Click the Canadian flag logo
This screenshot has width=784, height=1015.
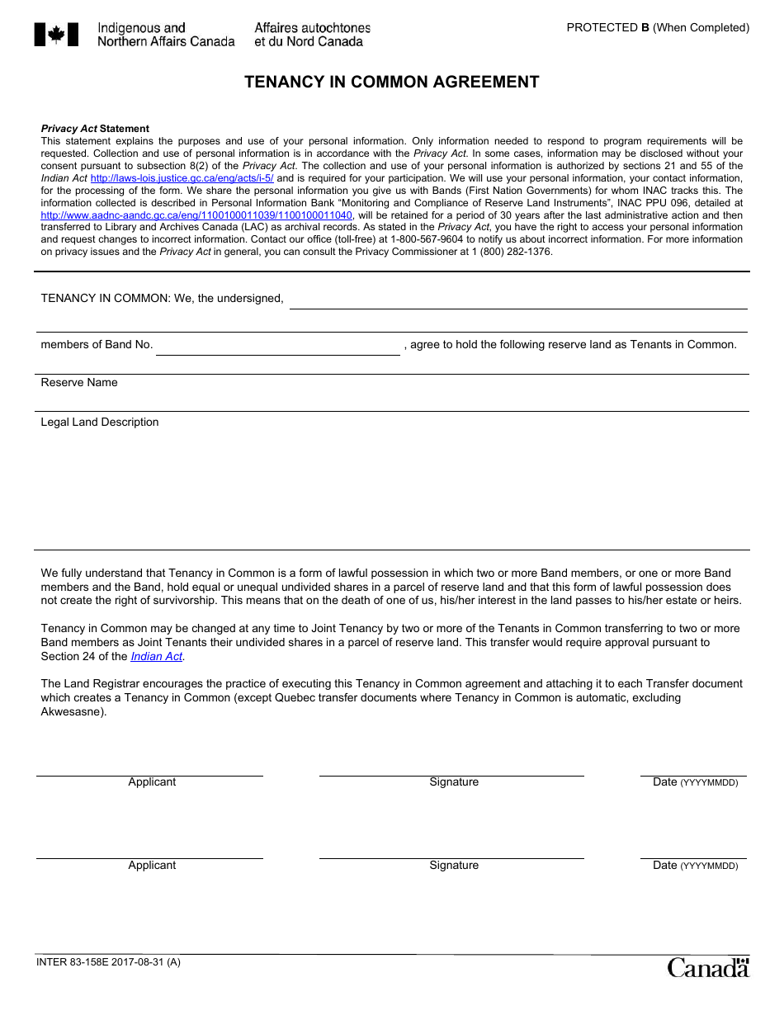coord(56,35)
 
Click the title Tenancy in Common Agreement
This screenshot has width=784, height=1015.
coord(391,82)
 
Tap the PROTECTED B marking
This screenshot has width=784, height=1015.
coord(657,27)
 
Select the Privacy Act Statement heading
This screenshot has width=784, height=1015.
coord(95,129)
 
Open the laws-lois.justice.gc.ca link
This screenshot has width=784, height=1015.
coord(182,178)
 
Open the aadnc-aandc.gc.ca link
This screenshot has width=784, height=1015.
coord(196,215)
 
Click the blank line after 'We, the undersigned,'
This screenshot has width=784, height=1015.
coord(517,300)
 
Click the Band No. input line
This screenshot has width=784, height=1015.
coord(277,347)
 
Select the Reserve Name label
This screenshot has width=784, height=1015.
coord(79,383)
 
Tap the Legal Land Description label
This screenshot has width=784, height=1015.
coord(100,423)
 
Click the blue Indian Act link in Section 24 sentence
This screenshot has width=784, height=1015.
coord(156,657)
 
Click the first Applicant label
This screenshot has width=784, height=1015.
coord(152,782)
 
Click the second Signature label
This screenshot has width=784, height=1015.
coord(453,866)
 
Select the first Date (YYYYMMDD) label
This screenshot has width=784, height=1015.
coord(694,782)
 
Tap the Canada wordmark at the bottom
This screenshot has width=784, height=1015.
coord(707,967)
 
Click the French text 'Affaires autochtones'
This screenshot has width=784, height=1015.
coord(312,28)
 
